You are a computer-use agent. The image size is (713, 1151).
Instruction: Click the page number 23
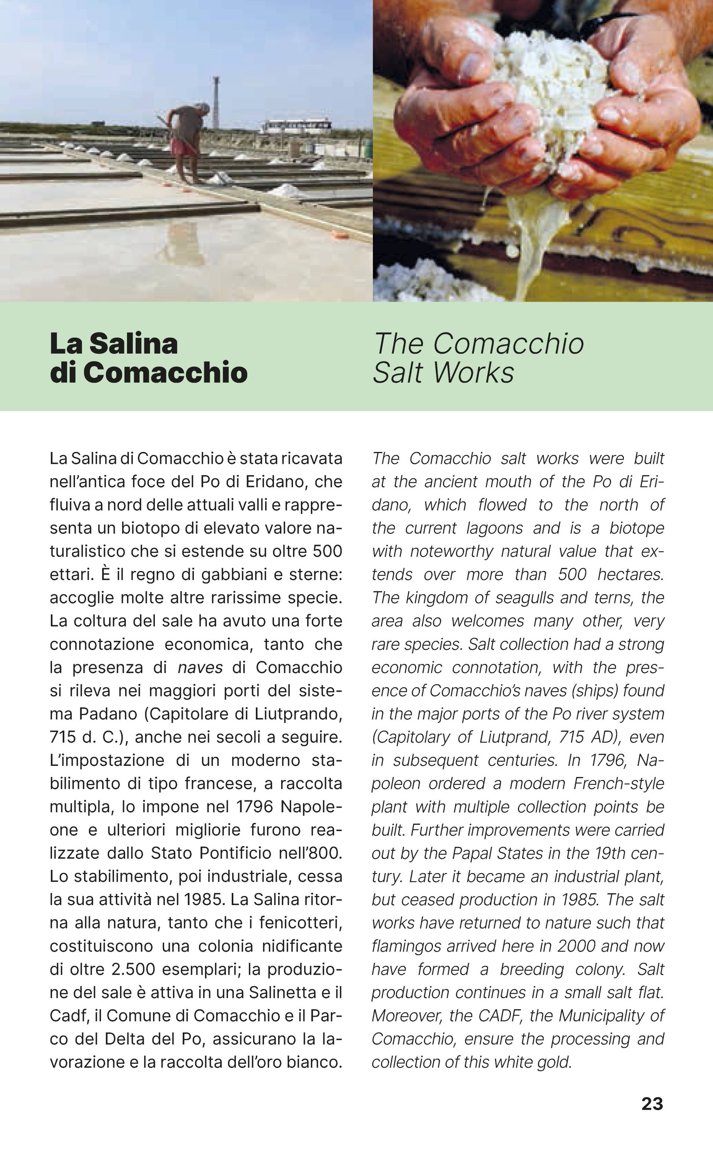point(652,1104)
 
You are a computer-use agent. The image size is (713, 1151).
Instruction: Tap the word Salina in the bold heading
point(133,344)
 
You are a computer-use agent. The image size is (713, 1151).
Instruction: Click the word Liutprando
point(298,714)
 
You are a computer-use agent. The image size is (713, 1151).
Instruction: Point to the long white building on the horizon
point(296,126)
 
